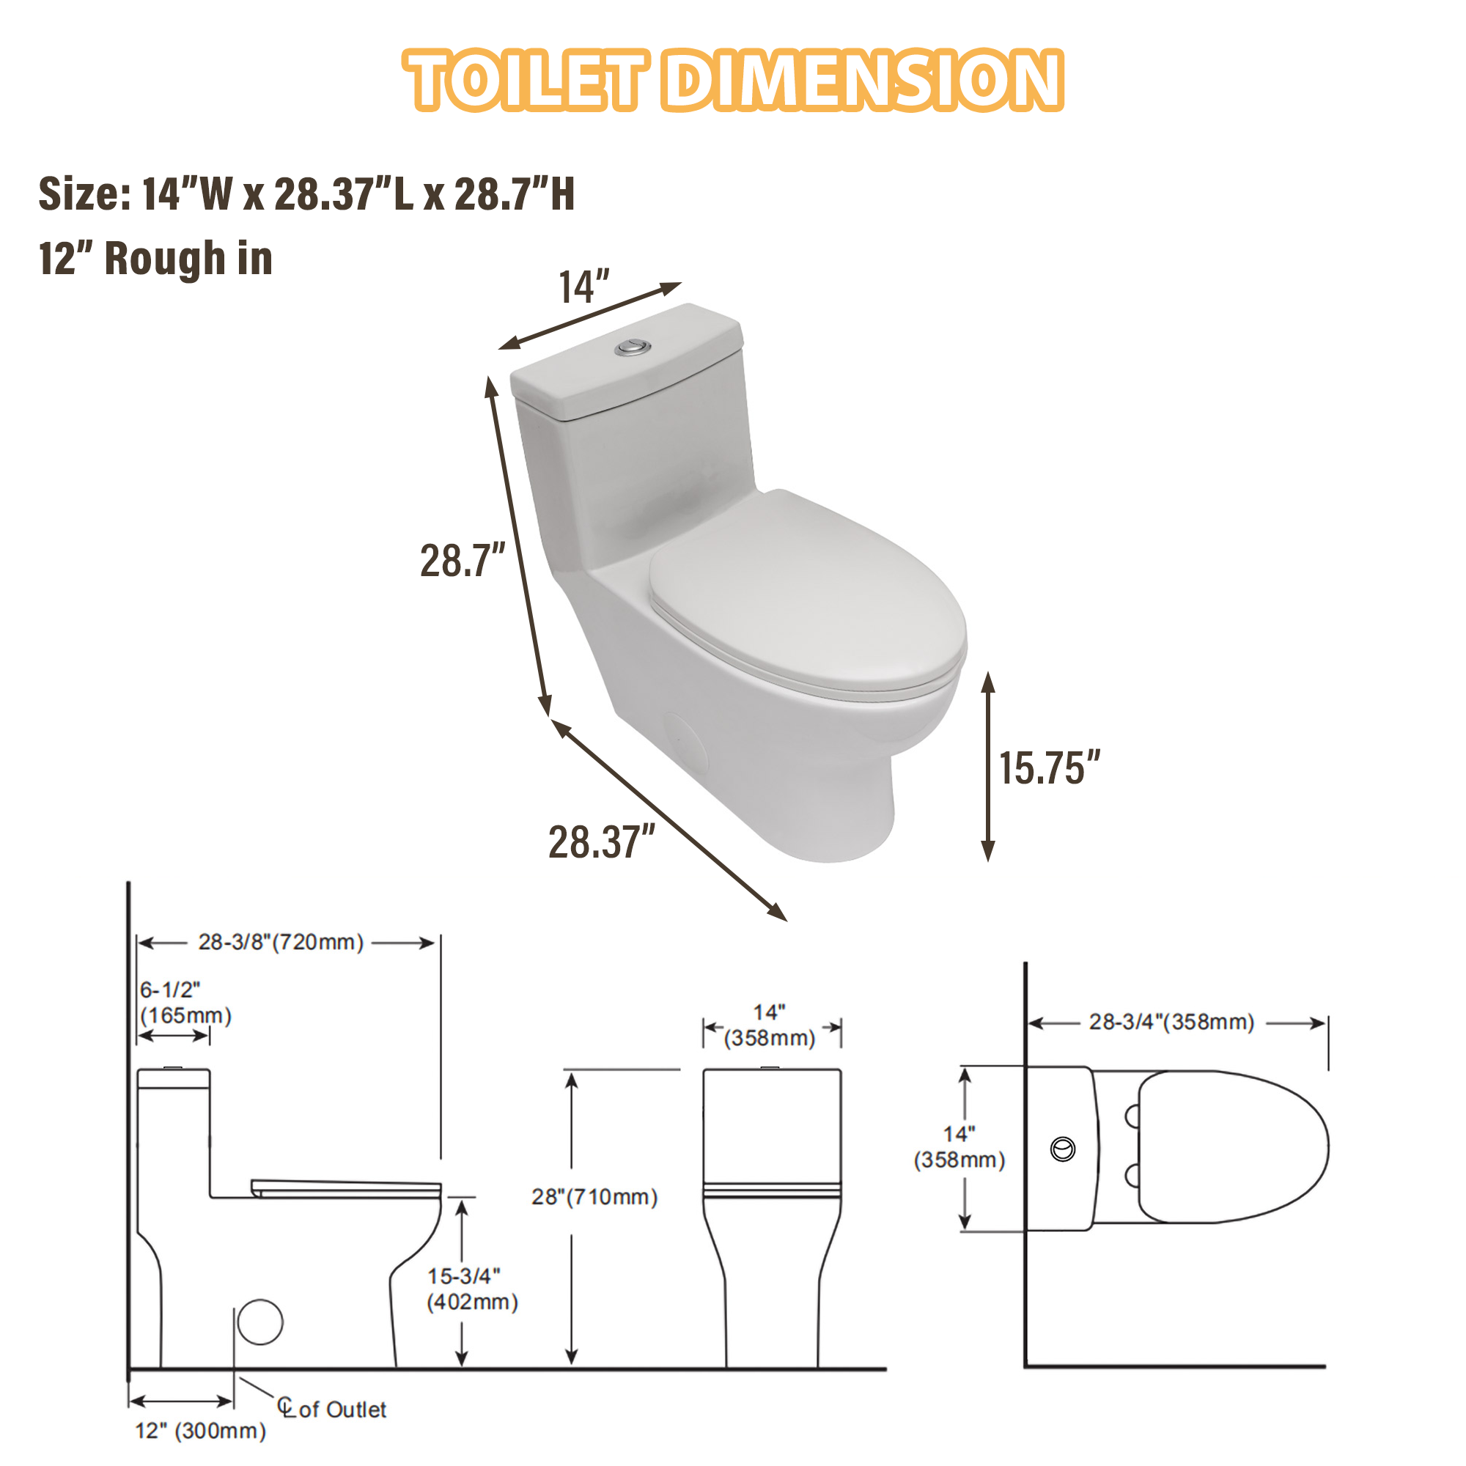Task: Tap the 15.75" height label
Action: click(1049, 768)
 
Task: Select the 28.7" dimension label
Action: click(462, 561)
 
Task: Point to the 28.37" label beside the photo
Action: click(601, 842)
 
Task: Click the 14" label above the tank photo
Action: click(583, 287)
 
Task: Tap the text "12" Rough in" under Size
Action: click(155, 259)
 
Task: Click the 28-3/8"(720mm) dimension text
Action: click(281, 943)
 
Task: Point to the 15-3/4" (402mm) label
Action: click(472, 1289)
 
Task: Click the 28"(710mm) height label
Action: click(594, 1197)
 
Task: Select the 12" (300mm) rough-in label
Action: click(200, 1431)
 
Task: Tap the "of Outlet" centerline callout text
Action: click(342, 1410)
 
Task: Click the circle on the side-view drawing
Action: click(260, 1321)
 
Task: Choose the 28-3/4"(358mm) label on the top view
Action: click(1171, 1022)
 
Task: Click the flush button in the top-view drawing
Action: click(1062, 1149)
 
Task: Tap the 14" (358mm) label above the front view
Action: click(770, 1025)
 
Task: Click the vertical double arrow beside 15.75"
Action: click(988, 767)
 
